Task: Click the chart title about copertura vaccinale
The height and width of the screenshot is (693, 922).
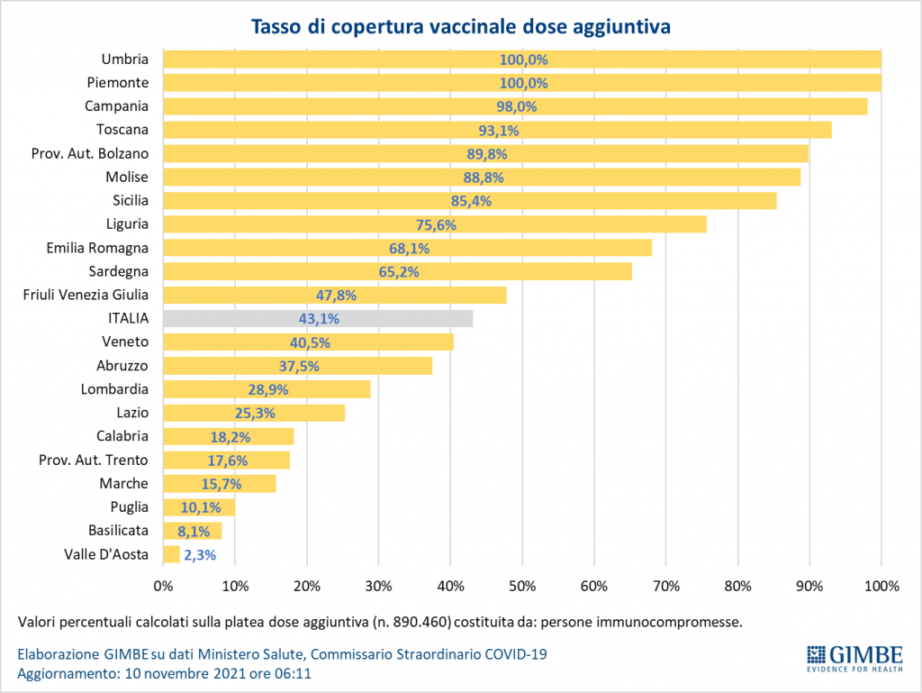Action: [x=460, y=27]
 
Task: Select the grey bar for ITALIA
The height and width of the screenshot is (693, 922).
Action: [x=318, y=318]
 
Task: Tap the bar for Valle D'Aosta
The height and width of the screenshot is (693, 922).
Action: [x=171, y=554]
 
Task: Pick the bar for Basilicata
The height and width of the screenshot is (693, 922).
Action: [x=192, y=531]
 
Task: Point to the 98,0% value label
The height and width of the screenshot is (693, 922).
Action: [x=523, y=106]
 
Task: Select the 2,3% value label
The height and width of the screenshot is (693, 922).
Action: [x=200, y=555]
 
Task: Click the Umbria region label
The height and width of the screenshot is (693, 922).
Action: [x=125, y=59]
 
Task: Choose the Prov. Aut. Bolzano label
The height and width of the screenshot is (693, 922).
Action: [x=90, y=153]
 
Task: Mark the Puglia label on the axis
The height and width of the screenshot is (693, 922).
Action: [x=130, y=507]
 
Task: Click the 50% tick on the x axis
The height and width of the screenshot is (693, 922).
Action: [x=522, y=587]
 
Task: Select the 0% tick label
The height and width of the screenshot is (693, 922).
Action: [x=163, y=587]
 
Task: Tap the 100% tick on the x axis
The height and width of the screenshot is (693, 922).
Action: [x=881, y=587]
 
